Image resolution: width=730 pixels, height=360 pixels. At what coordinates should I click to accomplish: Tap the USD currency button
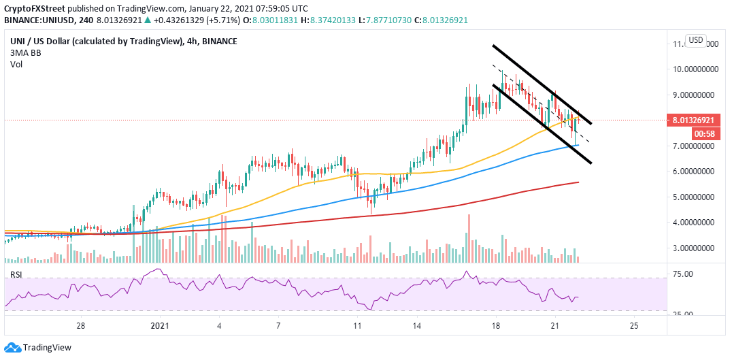pyautogui.click(x=695, y=40)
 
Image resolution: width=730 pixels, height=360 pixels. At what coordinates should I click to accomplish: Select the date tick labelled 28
pyautogui.click(x=81, y=325)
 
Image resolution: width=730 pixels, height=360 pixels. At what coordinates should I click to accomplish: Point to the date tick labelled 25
pyautogui.click(x=633, y=325)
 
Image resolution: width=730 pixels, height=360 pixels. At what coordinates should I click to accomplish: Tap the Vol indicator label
pyautogui.click(x=16, y=64)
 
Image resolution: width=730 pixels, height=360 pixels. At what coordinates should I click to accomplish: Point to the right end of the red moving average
pyautogui.click(x=578, y=182)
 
